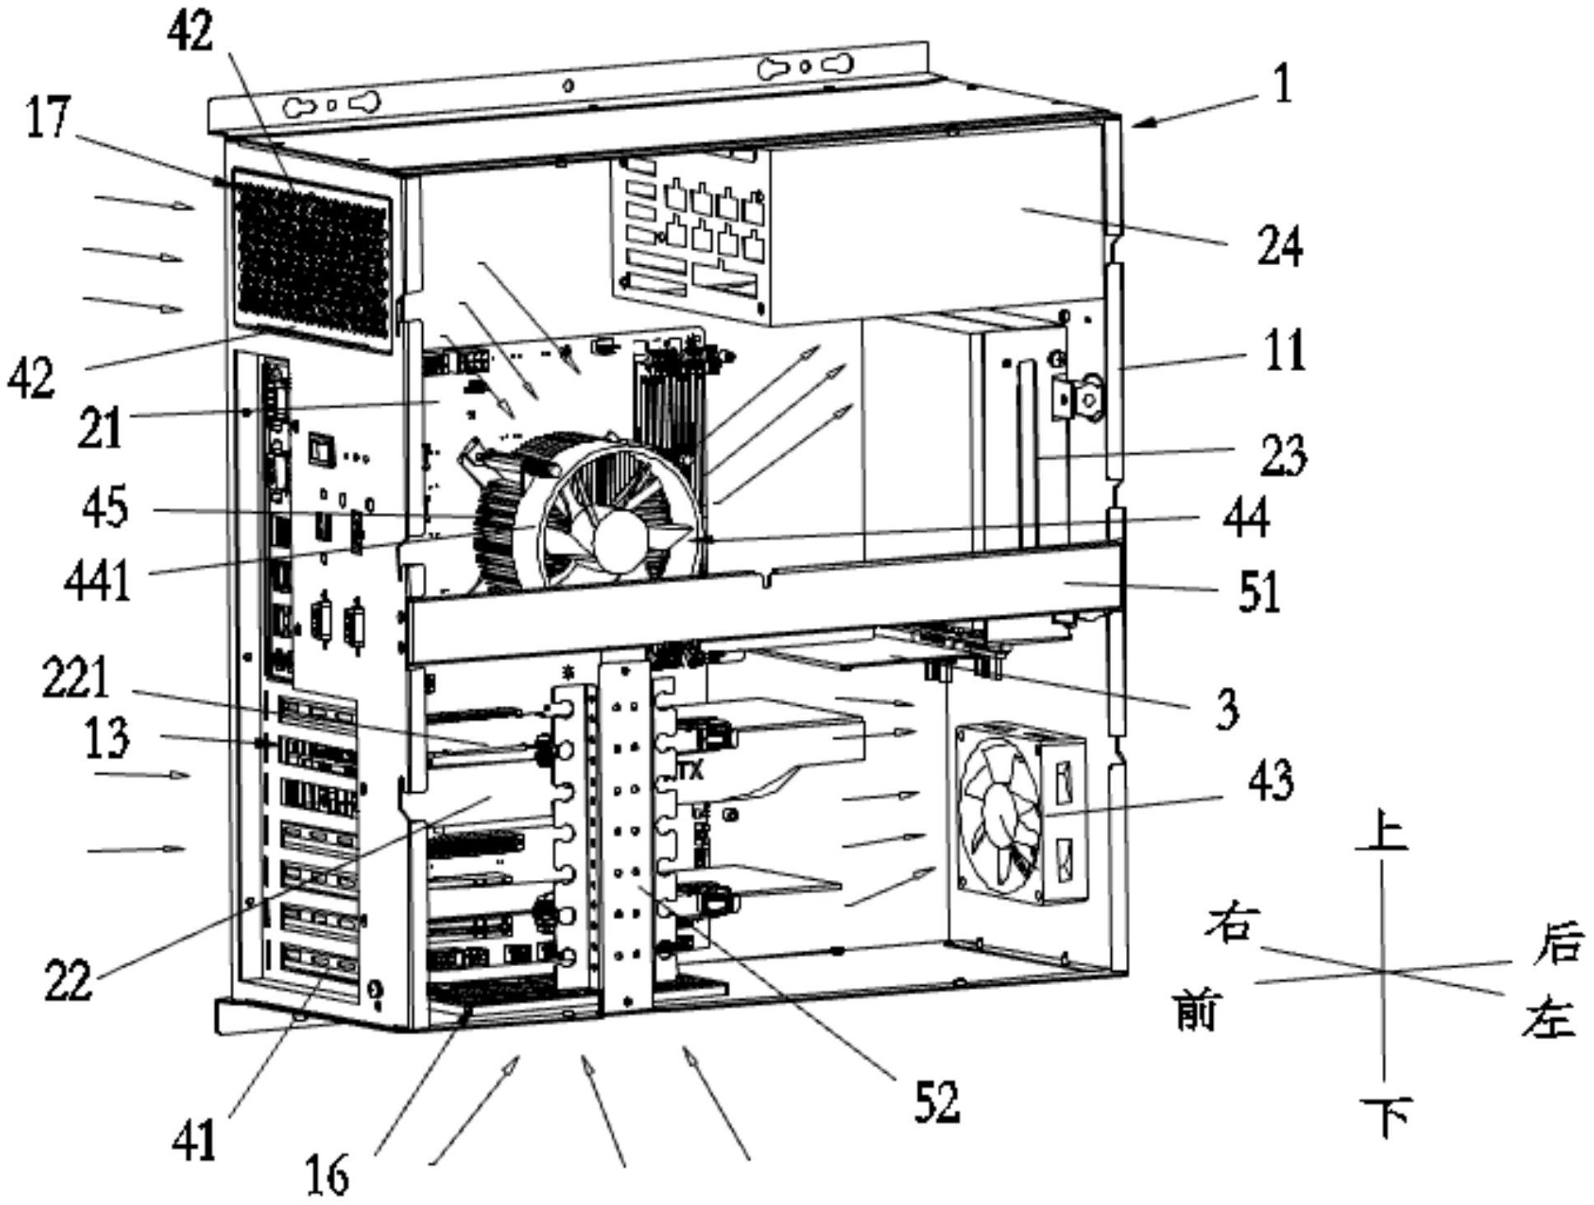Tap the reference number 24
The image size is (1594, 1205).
(x=1279, y=246)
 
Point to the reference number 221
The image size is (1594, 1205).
(x=76, y=679)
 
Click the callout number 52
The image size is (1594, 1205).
(x=937, y=1102)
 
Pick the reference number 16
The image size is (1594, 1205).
(x=327, y=1174)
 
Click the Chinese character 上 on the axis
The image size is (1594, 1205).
(x=1382, y=830)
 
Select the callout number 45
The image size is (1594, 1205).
(x=105, y=507)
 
